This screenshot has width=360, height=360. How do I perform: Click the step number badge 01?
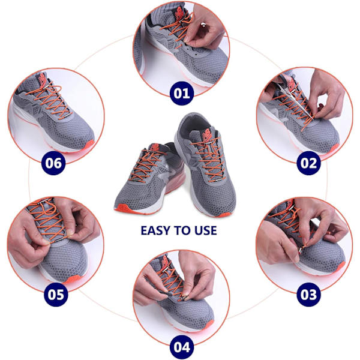coord(182,93)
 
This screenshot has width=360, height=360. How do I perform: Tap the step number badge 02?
coord(308,163)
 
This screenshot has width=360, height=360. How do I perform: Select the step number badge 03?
coord(308,295)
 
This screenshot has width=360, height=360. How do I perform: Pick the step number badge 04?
coord(182,347)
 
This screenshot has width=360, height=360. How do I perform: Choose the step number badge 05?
coord(56,295)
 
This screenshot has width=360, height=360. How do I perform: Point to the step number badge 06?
coord(53,163)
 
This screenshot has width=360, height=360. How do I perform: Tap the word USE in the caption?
coord(206,230)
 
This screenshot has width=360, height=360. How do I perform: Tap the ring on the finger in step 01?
coord(203,25)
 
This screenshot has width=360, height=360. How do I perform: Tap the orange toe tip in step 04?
coord(208,325)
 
